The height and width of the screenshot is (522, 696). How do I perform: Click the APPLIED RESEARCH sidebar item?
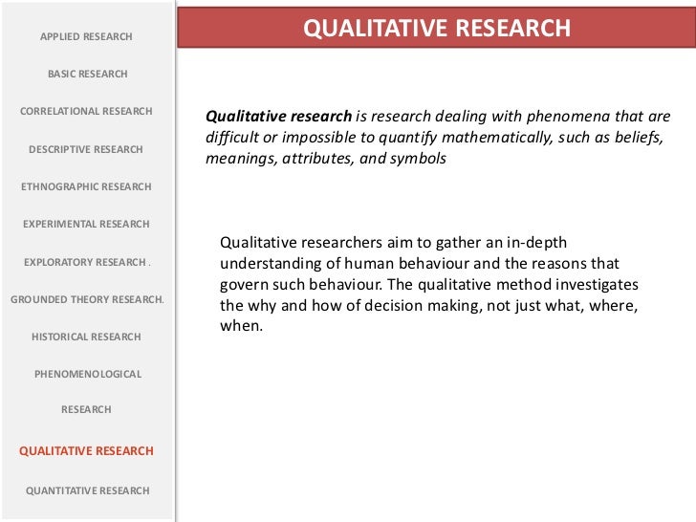coord(86,36)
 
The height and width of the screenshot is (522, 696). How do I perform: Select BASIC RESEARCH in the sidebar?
coord(87,74)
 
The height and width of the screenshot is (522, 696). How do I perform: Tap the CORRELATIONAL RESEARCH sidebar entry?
coord(86,111)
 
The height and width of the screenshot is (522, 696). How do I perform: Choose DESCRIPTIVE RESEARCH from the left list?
coord(86,149)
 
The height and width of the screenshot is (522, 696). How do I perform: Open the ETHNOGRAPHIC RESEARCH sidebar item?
coord(86,186)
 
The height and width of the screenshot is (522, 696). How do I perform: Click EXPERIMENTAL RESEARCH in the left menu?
coord(86,224)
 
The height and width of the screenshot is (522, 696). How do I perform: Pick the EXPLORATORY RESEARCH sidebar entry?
coord(86,261)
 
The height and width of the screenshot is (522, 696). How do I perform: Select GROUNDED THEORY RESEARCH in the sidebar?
coord(87,299)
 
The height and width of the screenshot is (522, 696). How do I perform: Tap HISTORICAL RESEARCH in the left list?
coord(86,337)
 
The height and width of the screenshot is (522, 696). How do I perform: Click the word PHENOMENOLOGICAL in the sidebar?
coord(87,374)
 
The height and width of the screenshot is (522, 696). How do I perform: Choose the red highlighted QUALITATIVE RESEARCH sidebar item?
coord(86,451)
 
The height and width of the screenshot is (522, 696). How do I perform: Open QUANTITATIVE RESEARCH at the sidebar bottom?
coord(87,490)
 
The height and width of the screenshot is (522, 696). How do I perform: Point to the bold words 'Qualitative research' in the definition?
coord(279,117)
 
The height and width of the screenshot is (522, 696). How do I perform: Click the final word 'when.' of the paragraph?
coord(239,326)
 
